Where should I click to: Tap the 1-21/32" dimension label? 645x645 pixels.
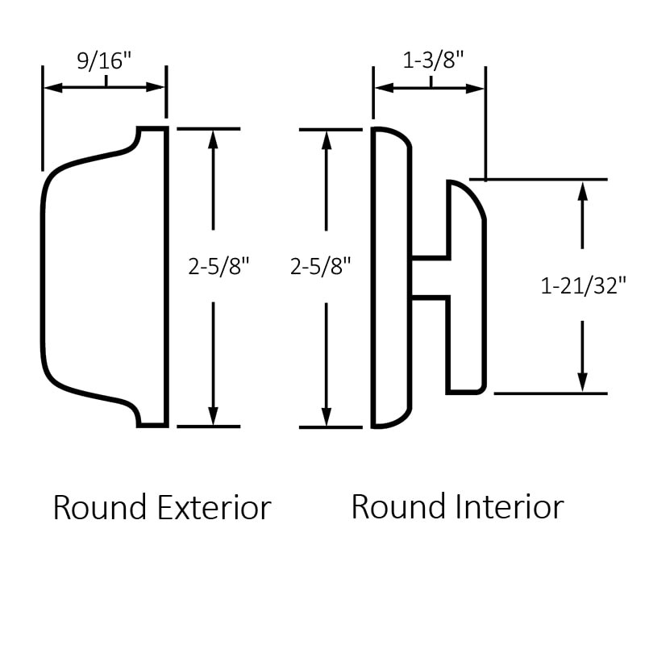[x=583, y=285]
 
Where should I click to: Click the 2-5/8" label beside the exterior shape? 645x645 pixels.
[x=214, y=266]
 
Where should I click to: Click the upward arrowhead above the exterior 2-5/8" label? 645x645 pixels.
[x=214, y=138]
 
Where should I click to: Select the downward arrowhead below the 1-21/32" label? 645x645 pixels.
[x=582, y=384]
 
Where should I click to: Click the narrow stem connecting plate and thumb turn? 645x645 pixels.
[x=430, y=278]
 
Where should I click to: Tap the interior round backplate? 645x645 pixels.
[x=391, y=278]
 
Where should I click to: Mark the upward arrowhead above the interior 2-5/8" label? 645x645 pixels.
[x=327, y=139]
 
